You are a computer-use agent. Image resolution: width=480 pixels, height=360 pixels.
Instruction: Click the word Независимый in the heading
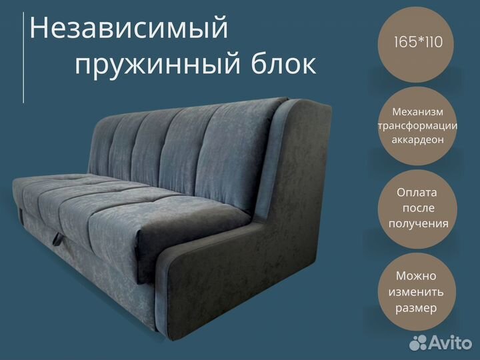click(x=129, y=29)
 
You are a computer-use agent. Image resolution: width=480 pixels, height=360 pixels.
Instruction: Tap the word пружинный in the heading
click(x=157, y=65)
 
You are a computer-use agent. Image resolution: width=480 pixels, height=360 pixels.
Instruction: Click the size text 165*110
click(x=418, y=42)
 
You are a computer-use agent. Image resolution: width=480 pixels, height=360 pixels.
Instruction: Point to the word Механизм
click(x=417, y=112)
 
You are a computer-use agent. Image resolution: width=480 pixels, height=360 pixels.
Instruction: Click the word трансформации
click(x=417, y=126)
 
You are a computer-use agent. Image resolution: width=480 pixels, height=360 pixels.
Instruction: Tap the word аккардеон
click(x=417, y=140)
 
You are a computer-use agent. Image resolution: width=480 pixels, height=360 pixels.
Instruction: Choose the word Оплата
click(x=417, y=193)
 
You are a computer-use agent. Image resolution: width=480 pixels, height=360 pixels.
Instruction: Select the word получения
click(x=419, y=224)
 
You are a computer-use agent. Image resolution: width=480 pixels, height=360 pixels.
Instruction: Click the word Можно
click(x=416, y=276)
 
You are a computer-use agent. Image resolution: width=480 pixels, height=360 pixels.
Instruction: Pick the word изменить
click(x=416, y=292)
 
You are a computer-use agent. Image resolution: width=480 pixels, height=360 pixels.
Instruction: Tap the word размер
click(x=416, y=308)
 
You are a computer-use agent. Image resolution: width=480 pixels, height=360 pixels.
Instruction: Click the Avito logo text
click(x=451, y=343)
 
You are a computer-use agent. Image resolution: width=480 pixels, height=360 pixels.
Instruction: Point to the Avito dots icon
click(x=418, y=343)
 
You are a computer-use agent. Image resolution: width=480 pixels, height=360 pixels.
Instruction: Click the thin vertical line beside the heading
click(x=23, y=57)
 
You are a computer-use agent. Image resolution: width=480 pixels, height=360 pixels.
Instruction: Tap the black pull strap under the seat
click(x=57, y=239)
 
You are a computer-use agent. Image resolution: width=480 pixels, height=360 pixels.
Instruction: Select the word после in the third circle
click(x=418, y=208)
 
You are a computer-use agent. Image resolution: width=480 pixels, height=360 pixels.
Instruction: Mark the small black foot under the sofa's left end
click(x=21, y=214)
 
